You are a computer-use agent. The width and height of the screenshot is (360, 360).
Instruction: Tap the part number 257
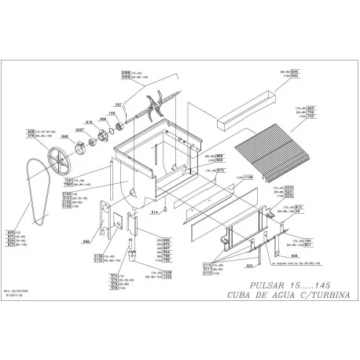(119, 104)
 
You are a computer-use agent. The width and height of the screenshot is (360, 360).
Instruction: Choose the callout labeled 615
(90, 122)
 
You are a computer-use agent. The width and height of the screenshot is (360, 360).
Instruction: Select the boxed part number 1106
(248, 178)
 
